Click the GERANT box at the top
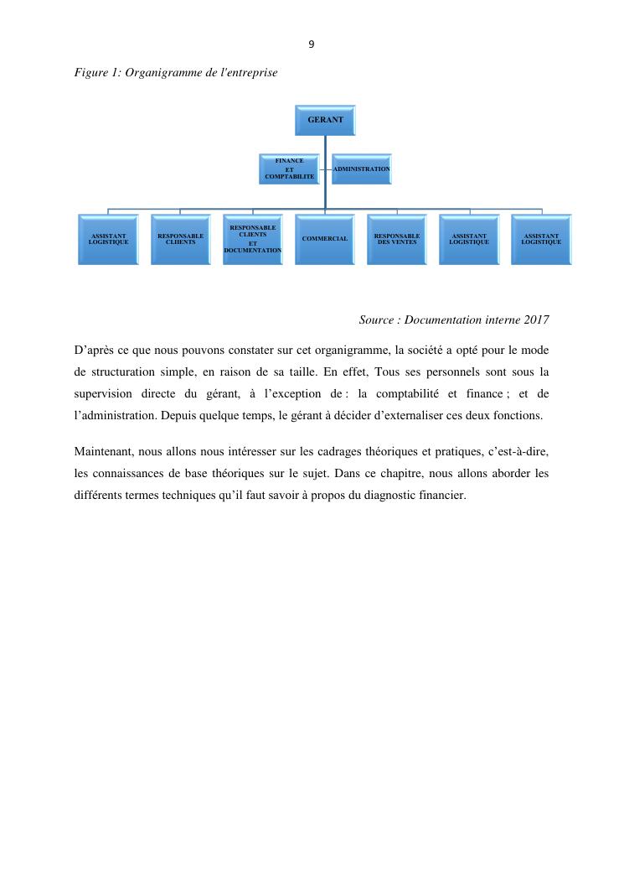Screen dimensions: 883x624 (325, 120)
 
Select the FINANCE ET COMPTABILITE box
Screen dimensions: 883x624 (289, 169)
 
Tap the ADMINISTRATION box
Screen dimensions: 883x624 (361, 169)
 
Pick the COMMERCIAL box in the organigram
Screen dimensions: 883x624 (325, 239)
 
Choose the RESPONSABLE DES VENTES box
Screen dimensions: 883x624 (397, 239)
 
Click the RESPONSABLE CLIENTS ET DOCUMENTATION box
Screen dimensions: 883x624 (253, 239)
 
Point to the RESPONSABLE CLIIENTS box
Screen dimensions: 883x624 (181, 239)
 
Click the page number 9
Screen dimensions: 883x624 (312, 44)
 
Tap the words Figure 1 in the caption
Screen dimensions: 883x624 (95, 73)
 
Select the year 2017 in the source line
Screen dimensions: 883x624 (536, 320)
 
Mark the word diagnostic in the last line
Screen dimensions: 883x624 (380, 496)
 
